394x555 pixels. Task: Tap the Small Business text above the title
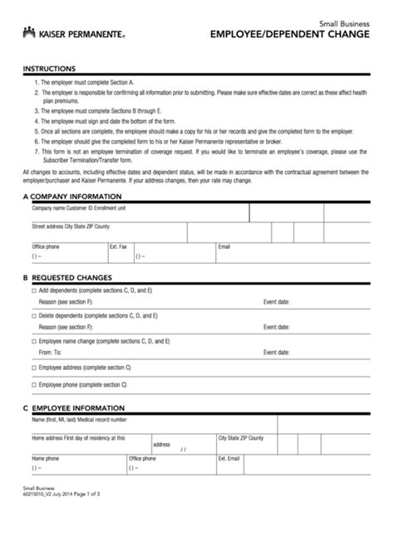(x=344, y=23)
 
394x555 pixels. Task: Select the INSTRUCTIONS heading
(x=49, y=68)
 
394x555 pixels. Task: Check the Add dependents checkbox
(x=34, y=292)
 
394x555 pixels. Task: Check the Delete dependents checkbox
(x=34, y=317)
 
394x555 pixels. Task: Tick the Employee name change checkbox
(x=34, y=341)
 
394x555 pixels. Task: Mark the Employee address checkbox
(x=34, y=366)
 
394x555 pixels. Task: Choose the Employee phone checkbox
(x=34, y=385)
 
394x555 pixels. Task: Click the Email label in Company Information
(x=224, y=246)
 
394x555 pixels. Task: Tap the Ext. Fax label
(x=118, y=246)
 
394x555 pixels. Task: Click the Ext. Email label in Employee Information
(x=229, y=458)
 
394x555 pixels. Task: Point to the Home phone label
(x=45, y=458)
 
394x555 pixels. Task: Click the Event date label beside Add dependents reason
(x=277, y=303)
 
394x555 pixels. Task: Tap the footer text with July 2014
(x=62, y=540)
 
